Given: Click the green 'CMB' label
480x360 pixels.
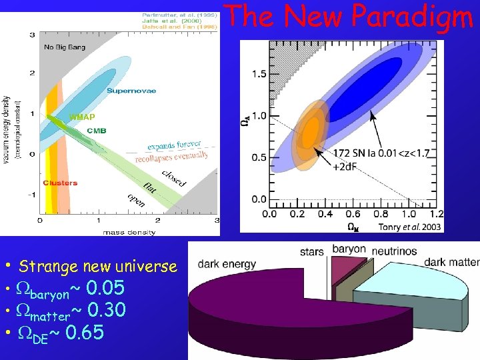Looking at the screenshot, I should pos(96,131).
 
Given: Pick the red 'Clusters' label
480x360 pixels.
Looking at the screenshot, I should pos(60,183).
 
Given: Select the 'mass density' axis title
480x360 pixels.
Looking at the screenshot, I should pos(129,232).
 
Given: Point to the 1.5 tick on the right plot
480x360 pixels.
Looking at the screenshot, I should pos(259,74).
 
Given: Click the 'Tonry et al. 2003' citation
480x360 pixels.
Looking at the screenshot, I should pos(409,227).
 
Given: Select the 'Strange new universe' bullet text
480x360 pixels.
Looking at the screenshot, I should pos(98,267).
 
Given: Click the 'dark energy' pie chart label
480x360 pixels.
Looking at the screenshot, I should pos(225,264).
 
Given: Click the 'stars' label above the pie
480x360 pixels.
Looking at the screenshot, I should pos(311,252).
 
